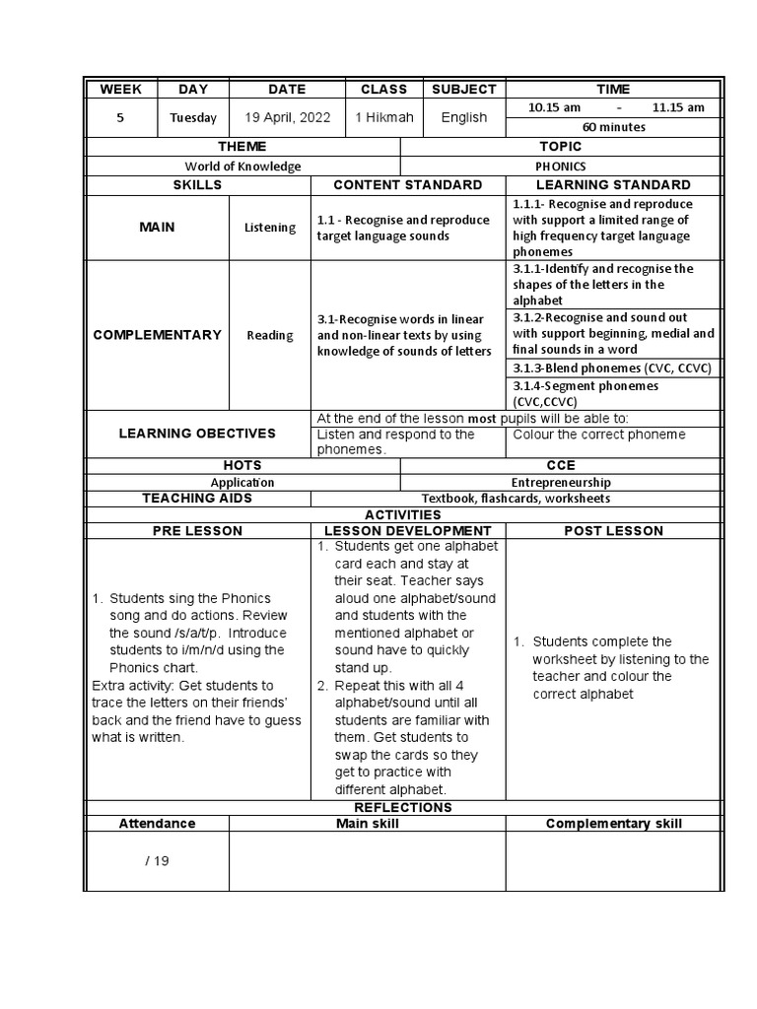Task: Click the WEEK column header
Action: [120, 89]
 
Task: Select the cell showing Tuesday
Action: [193, 118]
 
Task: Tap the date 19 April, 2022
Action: [287, 117]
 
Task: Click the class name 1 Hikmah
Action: [384, 117]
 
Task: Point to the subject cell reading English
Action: [463, 117]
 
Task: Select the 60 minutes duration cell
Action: [613, 127]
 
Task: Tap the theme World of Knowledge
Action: [243, 167]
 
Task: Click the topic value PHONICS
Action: [561, 167]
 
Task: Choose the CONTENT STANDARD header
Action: [407, 185]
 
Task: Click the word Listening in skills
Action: [269, 228]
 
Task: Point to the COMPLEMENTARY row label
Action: [157, 335]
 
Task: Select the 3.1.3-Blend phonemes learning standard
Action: [611, 368]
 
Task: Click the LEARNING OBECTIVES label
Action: [197, 434]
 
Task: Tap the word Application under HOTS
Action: [242, 483]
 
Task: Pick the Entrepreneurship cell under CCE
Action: [560, 483]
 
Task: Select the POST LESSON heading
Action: [612, 531]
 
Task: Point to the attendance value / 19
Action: [157, 860]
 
